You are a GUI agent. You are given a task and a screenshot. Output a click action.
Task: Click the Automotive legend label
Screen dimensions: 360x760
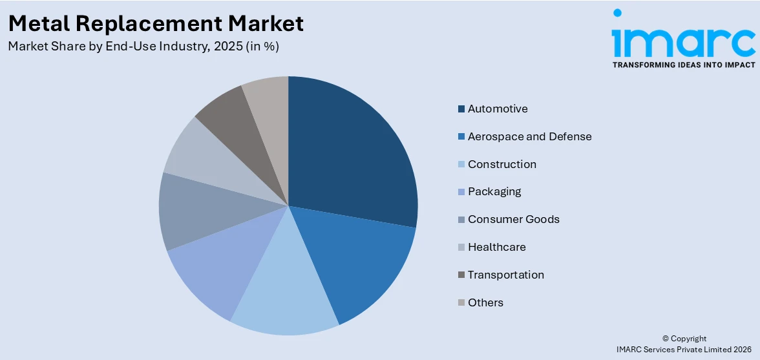coord(498,109)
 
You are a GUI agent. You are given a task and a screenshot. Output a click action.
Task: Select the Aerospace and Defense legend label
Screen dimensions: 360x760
coord(529,136)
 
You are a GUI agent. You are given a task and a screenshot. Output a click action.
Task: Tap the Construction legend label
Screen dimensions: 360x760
coord(501,164)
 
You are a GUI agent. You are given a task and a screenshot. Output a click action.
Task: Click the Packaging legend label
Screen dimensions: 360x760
coord(494,191)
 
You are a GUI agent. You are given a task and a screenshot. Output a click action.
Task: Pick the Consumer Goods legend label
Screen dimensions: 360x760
coord(513,219)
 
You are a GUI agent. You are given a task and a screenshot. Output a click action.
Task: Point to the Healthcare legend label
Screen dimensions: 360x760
coord(496,247)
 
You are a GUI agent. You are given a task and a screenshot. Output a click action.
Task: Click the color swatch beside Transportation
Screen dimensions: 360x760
coord(461,275)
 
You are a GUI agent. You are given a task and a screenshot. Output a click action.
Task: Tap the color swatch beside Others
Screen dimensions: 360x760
coord(461,302)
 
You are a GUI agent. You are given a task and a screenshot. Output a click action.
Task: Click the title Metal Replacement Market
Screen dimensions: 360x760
coord(156,23)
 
